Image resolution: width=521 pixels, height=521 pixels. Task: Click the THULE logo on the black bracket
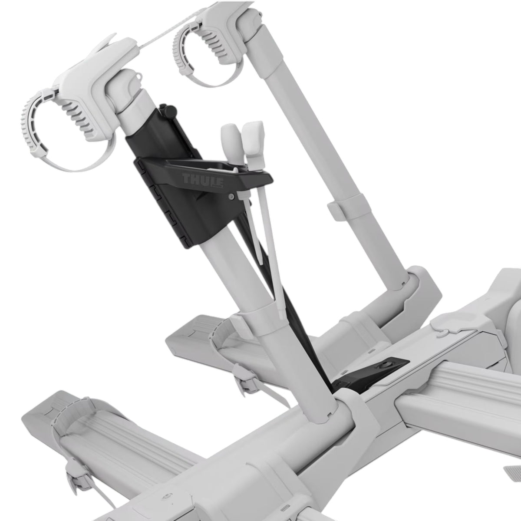pos(202,180)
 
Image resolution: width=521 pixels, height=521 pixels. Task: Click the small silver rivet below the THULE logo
pos(231,197)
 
